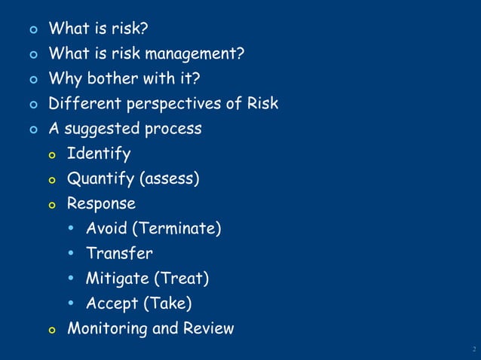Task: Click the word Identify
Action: tap(98, 154)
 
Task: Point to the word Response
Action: tap(101, 204)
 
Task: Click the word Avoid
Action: tap(106, 229)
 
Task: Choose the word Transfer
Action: tap(119, 254)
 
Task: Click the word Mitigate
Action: tap(118, 279)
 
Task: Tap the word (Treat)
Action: tap(182, 279)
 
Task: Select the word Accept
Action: tap(112, 304)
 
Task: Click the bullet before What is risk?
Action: tap(32, 30)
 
